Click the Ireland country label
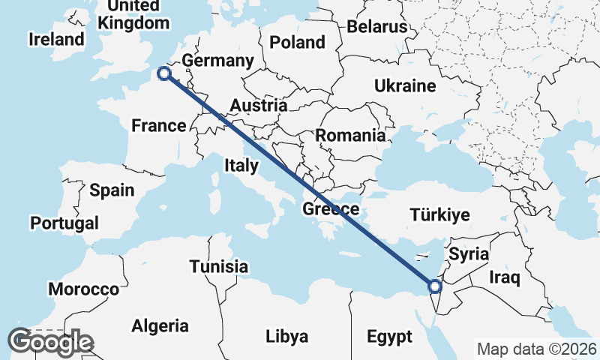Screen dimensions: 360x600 point(56,39)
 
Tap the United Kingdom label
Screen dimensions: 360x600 point(133,14)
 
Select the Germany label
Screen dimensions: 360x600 point(217,61)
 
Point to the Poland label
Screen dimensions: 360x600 point(297,41)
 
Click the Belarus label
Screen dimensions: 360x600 point(376,27)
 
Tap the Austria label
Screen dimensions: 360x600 point(258,106)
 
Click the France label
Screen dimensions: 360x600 point(158,125)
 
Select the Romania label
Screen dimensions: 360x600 point(350,136)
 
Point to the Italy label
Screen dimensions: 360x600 point(241,165)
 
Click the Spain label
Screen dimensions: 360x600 point(112,190)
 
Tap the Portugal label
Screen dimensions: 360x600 point(64,223)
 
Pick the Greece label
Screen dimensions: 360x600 point(331,208)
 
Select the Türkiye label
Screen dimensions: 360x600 point(440,215)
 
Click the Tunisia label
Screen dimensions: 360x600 point(218,266)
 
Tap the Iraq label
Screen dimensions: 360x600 point(504,277)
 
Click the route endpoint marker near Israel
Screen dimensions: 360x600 point(434,286)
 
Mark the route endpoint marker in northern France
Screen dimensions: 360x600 point(163,73)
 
